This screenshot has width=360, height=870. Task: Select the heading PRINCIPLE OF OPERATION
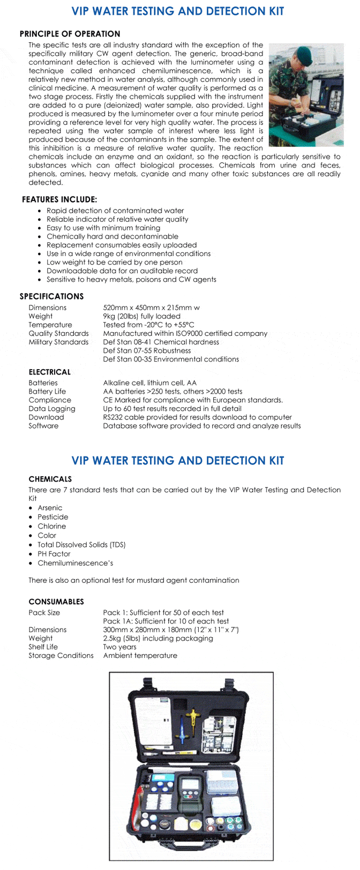tap(70, 34)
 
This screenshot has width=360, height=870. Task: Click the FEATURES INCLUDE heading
tap(59, 199)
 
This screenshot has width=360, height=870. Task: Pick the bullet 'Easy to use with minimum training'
tap(103, 228)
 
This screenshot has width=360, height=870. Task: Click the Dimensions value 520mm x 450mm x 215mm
tap(151, 307)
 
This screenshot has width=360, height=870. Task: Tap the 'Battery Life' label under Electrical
tap(47, 392)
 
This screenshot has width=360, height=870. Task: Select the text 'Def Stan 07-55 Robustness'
tap(147, 350)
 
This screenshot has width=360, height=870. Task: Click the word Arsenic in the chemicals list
tap(50, 508)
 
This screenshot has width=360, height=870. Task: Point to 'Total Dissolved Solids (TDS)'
tap(81, 545)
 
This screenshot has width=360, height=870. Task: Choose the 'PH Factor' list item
tap(54, 554)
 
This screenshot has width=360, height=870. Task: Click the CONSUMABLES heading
tap(56, 602)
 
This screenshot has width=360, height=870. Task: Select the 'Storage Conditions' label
tap(61, 655)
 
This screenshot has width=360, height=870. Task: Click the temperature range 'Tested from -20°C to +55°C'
tap(148, 325)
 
